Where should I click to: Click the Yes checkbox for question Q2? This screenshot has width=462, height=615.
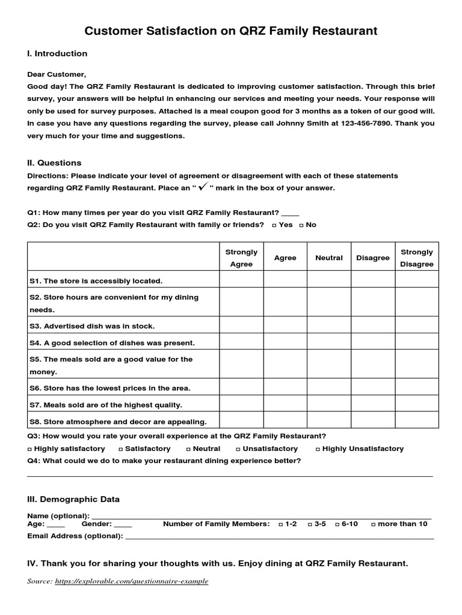click(274, 225)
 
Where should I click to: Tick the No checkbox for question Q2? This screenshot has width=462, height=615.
click(301, 225)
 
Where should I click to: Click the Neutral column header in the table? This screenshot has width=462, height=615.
click(329, 258)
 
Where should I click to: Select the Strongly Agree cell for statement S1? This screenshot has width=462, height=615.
click(241, 280)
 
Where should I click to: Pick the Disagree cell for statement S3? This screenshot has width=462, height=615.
click(373, 326)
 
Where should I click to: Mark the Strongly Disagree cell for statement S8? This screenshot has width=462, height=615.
click(417, 421)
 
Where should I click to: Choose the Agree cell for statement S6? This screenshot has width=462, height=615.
click(285, 388)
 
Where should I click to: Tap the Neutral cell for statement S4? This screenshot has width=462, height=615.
click(329, 342)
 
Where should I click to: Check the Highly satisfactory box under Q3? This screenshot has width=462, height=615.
click(30, 449)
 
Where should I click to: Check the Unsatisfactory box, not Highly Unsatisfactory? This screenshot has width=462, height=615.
click(238, 449)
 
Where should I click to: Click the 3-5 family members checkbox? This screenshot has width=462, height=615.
click(310, 524)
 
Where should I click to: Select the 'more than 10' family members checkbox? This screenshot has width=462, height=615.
click(374, 524)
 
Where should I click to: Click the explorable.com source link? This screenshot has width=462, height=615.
click(131, 581)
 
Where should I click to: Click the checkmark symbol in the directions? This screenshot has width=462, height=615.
click(203, 187)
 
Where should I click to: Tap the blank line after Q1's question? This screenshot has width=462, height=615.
click(290, 213)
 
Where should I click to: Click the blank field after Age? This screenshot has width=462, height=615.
click(55, 524)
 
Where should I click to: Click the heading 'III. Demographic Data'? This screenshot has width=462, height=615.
click(73, 499)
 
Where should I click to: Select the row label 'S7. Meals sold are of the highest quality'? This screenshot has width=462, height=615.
click(105, 405)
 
